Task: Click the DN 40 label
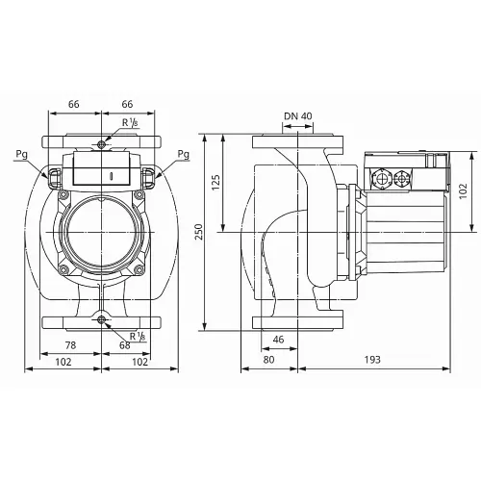tap(298, 117)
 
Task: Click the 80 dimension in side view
tap(268, 358)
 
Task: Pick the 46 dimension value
tap(279, 340)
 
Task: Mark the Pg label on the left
tap(21, 153)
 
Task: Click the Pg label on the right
tap(184, 153)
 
